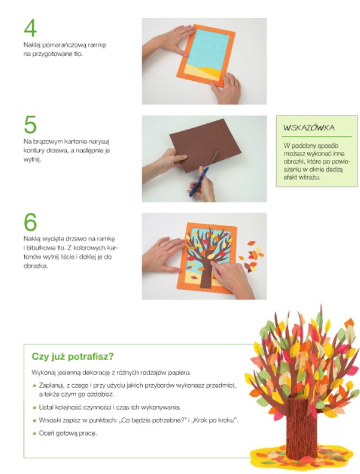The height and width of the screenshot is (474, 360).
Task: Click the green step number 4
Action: pos(30,28)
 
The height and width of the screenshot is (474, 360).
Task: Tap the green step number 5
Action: pos(30,125)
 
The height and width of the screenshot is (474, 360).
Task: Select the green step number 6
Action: pos(30,222)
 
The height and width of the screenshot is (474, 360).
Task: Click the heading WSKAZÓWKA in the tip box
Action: pos(308,128)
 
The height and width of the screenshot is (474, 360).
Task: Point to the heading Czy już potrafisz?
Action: pos(72,356)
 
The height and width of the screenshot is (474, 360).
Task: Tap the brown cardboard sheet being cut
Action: pos(205,145)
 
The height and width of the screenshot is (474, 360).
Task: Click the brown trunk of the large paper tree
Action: pos(301,427)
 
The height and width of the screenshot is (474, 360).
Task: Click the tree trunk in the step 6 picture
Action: pos(207,271)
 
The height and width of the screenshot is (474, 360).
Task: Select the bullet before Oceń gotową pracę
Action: pos(35,433)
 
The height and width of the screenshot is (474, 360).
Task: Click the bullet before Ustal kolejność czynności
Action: pos(35,408)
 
